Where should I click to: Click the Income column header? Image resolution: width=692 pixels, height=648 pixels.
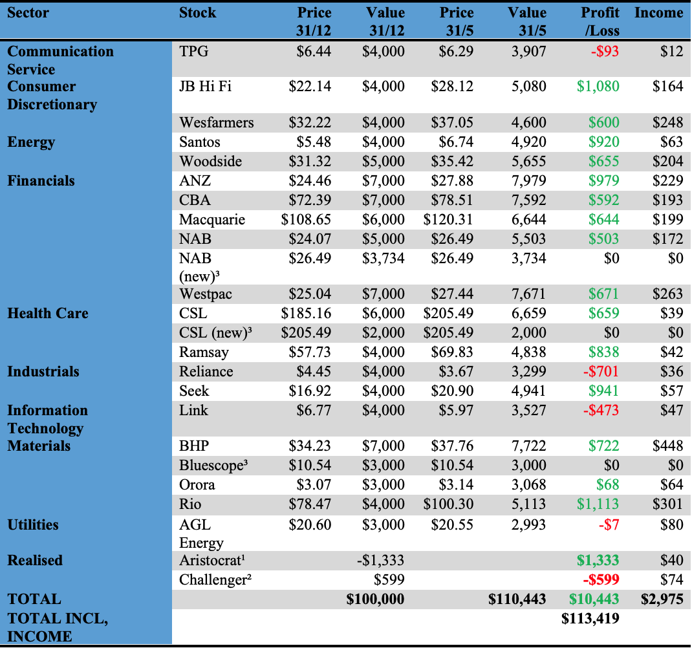pos(658,13)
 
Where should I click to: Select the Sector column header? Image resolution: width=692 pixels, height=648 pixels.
pos(28,13)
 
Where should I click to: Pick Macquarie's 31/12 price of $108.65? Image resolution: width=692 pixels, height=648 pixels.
pos(306,219)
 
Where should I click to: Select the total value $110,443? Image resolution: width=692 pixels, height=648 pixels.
pos(517,599)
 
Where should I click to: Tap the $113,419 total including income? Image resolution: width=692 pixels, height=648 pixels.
pos(590,618)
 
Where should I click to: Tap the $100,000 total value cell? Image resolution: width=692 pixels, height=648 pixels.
pos(375,599)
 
